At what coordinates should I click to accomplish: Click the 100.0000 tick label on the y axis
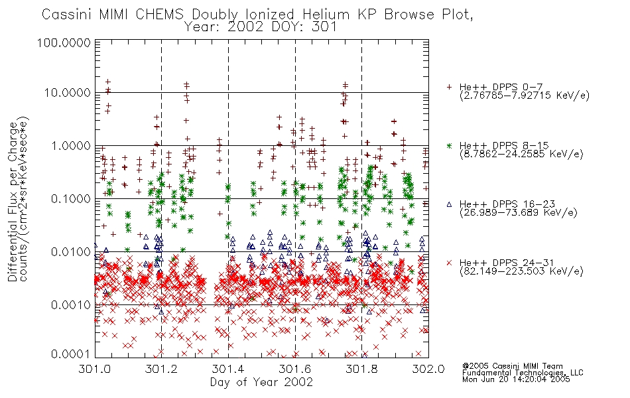tap(64, 42)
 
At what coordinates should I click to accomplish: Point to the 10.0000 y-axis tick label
tap(68, 93)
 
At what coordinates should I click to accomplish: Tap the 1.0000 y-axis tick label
tap(71, 145)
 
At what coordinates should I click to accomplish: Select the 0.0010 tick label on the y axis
tap(71, 304)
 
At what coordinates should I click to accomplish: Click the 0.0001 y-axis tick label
tap(71, 354)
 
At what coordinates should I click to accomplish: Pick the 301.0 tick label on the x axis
tap(95, 369)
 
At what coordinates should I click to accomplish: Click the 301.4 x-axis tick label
tap(228, 369)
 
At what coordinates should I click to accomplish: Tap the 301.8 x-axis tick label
tap(361, 369)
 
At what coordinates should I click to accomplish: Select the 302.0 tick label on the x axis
tap(428, 369)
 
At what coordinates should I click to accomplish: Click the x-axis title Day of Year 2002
tap(261, 382)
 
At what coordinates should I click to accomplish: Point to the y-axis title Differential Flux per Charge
tap(13, 202)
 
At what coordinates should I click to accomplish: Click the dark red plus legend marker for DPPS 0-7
tap(449, 87)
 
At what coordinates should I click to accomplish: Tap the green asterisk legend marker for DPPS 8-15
tap(449, 145)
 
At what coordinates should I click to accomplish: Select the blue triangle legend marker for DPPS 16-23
tap(449, 204)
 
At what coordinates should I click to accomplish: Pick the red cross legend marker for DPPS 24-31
tap(449, 263)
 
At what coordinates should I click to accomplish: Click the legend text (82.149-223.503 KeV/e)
tap(521, 271)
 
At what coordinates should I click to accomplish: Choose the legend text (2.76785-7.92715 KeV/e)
tap(525, 96)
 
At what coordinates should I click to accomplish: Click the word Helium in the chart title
tap(326, 15)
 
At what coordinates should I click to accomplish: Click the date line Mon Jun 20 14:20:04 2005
tap(516, 379)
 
